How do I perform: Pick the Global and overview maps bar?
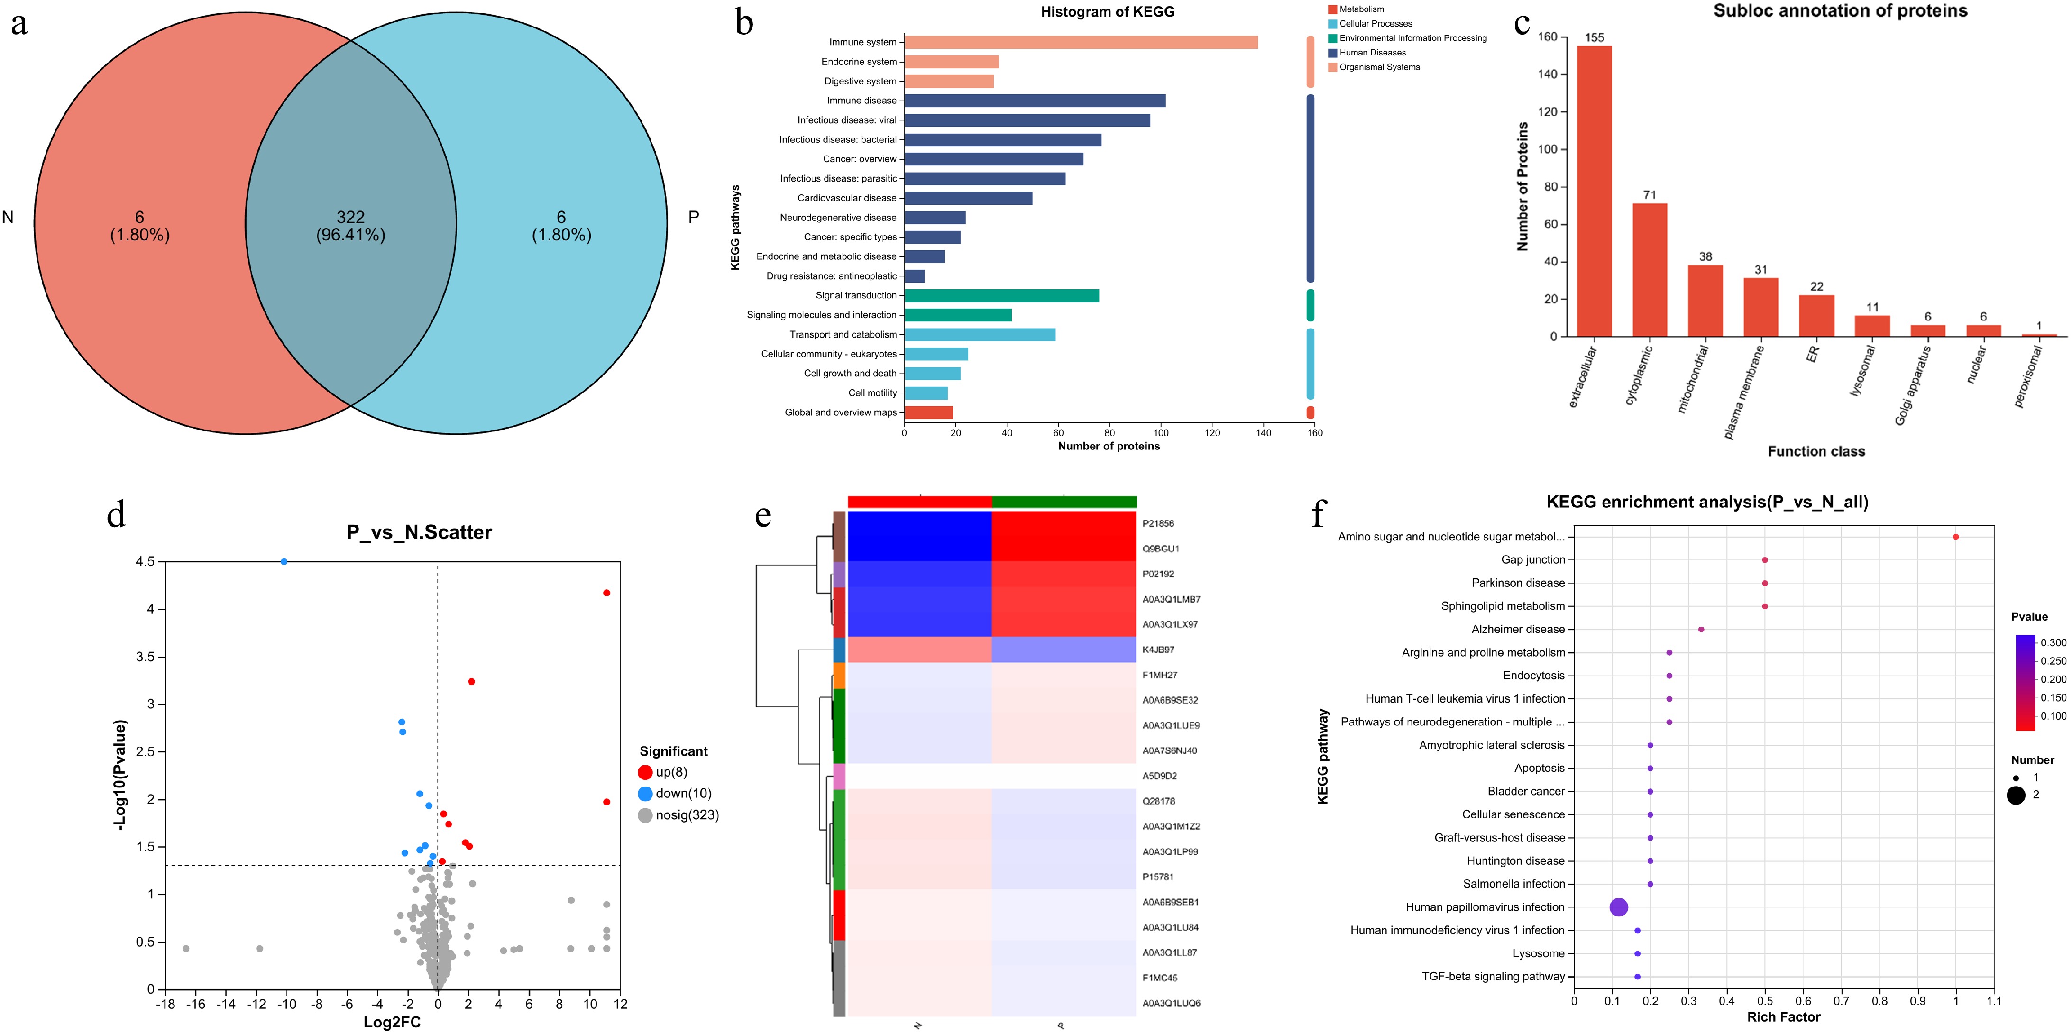coord(928,412)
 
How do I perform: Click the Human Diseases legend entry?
coord(1372,52)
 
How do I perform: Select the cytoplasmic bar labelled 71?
coord(1649,269)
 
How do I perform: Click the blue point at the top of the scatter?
coord(284,561)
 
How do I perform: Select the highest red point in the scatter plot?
coord(606,593)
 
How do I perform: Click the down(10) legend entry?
coord(682,794)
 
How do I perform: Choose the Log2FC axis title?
coord(392,1022)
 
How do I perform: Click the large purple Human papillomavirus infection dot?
coord(1618,907)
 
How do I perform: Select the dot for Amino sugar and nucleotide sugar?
coord(1955,536)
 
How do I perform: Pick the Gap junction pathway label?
coord(1532,559)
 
